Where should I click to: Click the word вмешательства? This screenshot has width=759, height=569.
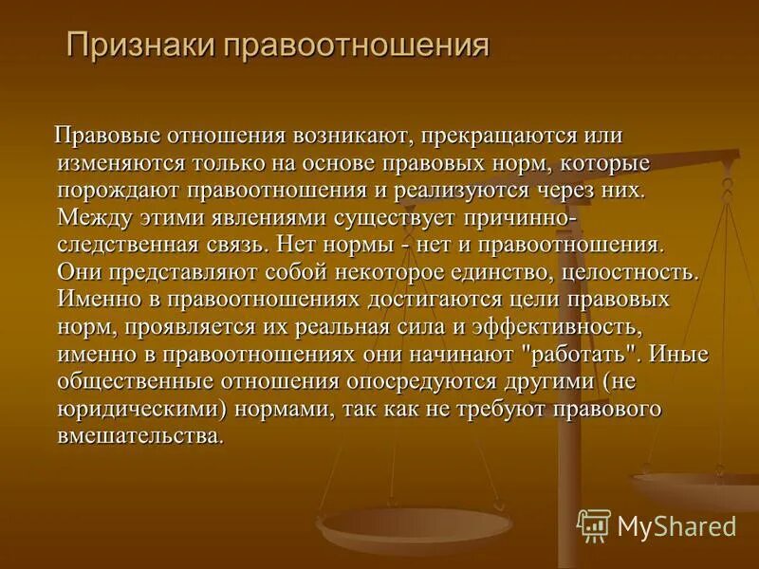pos(141,434)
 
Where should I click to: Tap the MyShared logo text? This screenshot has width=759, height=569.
pos(676,524)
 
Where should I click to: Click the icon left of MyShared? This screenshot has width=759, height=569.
pos(594,524)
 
